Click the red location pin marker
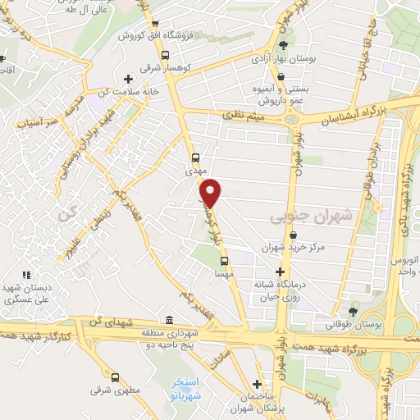pyautogui.click(x=211, y=193)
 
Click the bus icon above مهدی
pyautogui.click(x=195, y=157)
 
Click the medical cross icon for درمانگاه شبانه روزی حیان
pyautogui.click(x=281, y=272)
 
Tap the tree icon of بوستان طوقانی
pyautogui.click(x=353, y=311)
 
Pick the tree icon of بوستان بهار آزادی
pyautogui.click(x=284, y=44)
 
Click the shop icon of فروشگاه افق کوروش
pyautogui.click(x=155, y=24)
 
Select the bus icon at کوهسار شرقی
pyautogui.click(x=166, y=56)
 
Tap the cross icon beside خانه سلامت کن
pyautogui.click(x=127, y=79)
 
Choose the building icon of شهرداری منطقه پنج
pyautogui.click(x=168, y=320)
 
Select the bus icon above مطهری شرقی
pyautogui.click(x=115, y=377)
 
